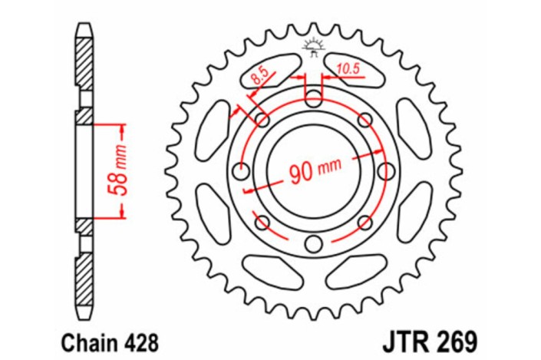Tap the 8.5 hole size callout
[259, 74]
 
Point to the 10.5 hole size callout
[349, 69]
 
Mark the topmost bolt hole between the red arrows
[313, 98]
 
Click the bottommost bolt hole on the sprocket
[313, 244]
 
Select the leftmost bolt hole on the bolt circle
[240, 171]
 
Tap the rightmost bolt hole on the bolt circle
[386, 171]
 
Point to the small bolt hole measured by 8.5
[262, 120]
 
